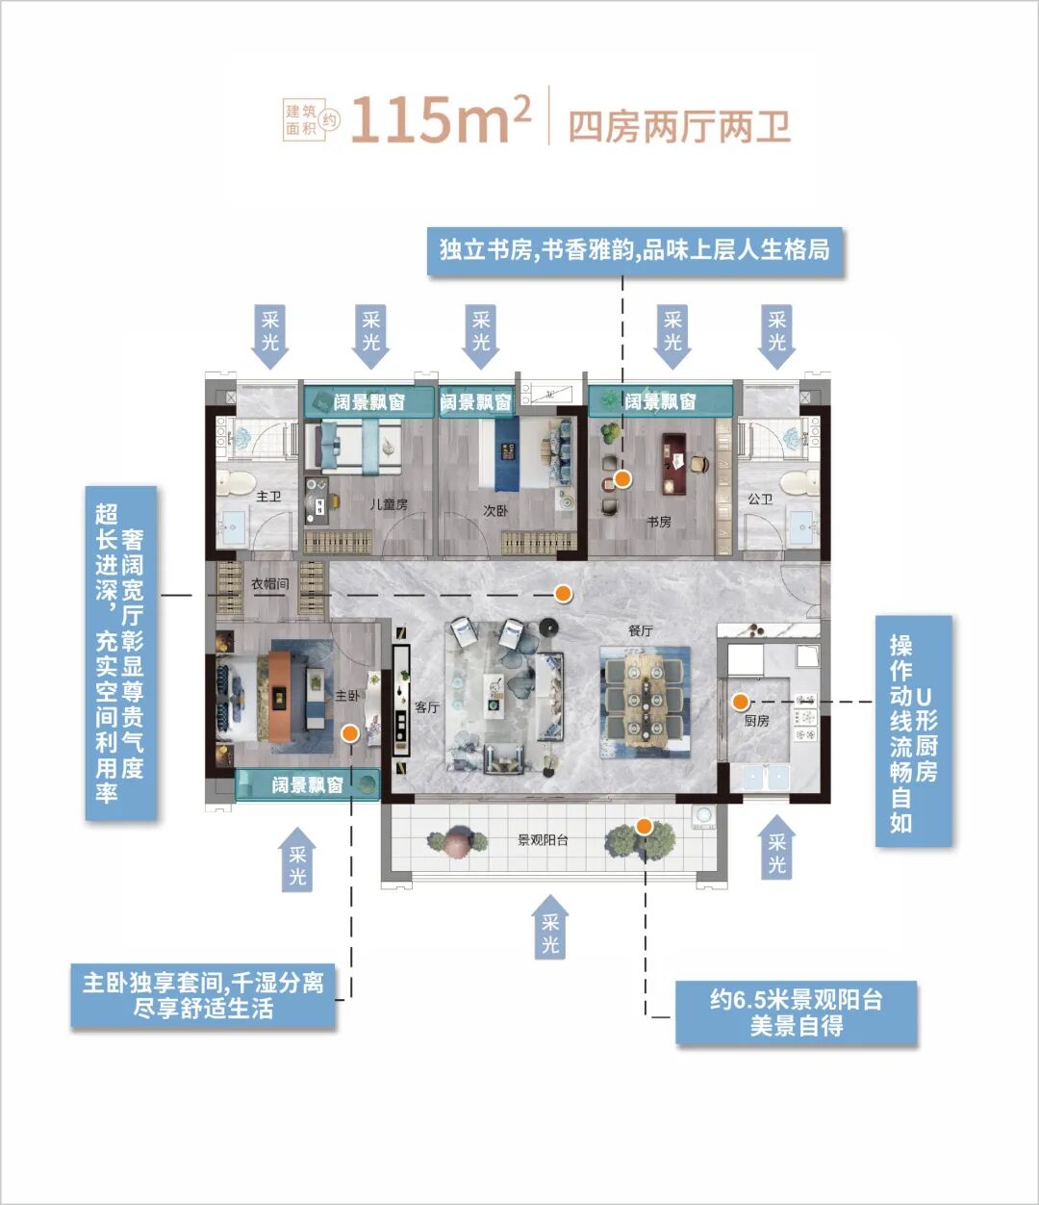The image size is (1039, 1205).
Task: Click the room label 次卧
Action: pos(495,511)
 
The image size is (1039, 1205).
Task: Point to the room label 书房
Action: pos(659,522)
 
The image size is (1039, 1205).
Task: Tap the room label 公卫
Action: pos(760,499)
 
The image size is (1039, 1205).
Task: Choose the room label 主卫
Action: pos(268,497)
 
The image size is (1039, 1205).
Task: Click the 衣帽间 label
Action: pos(270,583)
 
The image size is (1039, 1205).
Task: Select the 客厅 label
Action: pos(426,707)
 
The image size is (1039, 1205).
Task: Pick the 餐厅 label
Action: pos(641,630)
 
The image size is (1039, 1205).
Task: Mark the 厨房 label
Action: pos(757,721)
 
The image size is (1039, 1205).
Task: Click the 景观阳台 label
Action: pos(543,840)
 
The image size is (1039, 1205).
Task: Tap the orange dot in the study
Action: pos(622,478)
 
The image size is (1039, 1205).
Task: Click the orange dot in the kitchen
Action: pos(740,700)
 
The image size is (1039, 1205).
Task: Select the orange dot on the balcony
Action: pos(644,826)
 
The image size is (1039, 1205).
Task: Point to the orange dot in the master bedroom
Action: pos(350,733)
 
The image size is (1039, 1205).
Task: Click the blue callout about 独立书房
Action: pos(635,250)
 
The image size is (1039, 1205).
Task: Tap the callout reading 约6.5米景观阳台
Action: pos(796,1012)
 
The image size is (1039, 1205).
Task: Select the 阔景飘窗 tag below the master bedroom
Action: pos(308,785)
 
